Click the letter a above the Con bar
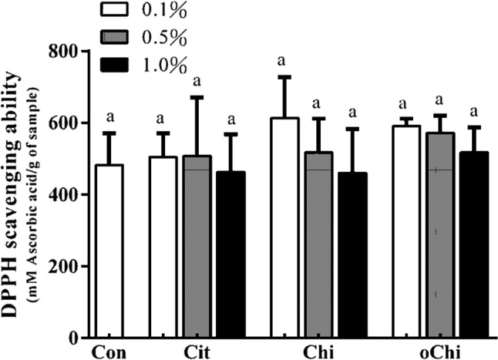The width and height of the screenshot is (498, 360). (109, 118)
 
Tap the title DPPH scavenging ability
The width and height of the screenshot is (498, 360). (13, 193)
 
